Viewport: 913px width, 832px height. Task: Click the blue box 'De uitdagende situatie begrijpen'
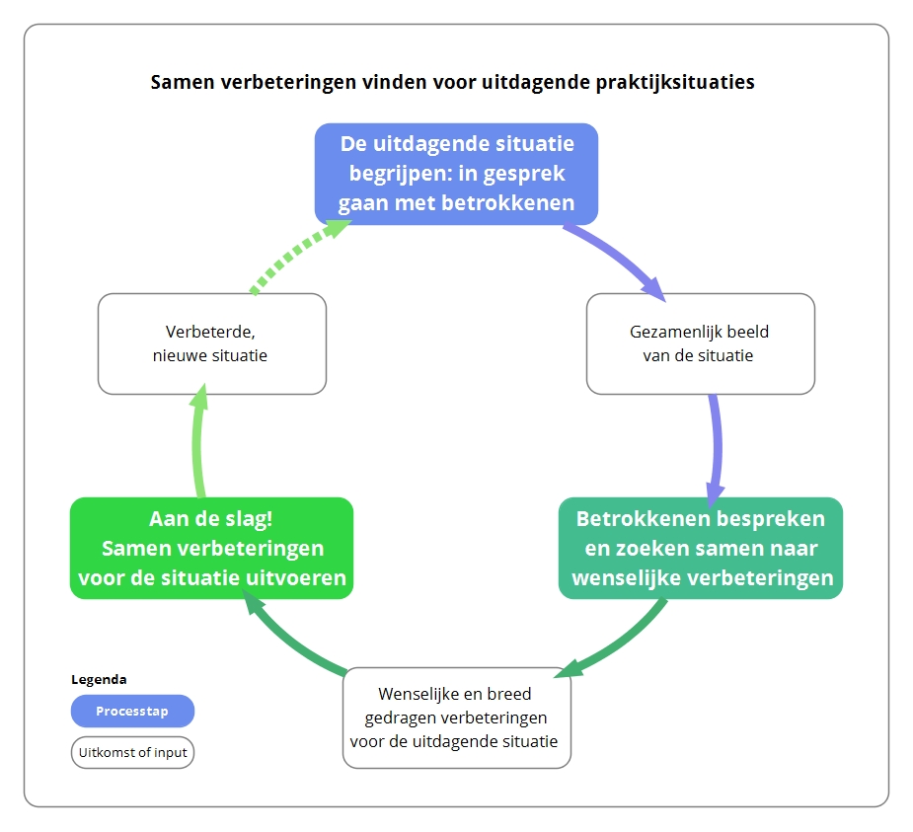pyautogui.click(x=456, y=174)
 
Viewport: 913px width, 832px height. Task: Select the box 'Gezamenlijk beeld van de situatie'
pyautogui.click(x=701, y=343)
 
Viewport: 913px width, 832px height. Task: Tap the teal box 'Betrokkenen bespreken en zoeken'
pyautogui.click(x=701, y=548)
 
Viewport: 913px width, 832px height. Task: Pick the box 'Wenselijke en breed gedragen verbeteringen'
pyautogui.click(x=457, y=718)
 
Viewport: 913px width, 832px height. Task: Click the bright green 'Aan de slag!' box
pyautogui.click(x=212, y=548)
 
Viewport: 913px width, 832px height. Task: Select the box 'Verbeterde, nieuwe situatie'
pyautogui.click(x=212, y=343)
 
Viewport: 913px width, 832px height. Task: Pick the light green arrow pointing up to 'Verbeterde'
pyautogui.click(x=198, y=442)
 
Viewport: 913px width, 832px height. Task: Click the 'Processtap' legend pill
pyautogui.click(x=133, y=711)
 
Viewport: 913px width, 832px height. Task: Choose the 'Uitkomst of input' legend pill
pyautogui.click(x=133, y=752)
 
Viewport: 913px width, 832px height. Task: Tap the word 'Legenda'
pyautogui.click(x=99, y=679)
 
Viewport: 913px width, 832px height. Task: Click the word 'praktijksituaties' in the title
pyautogui.click(x=675, y=82)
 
